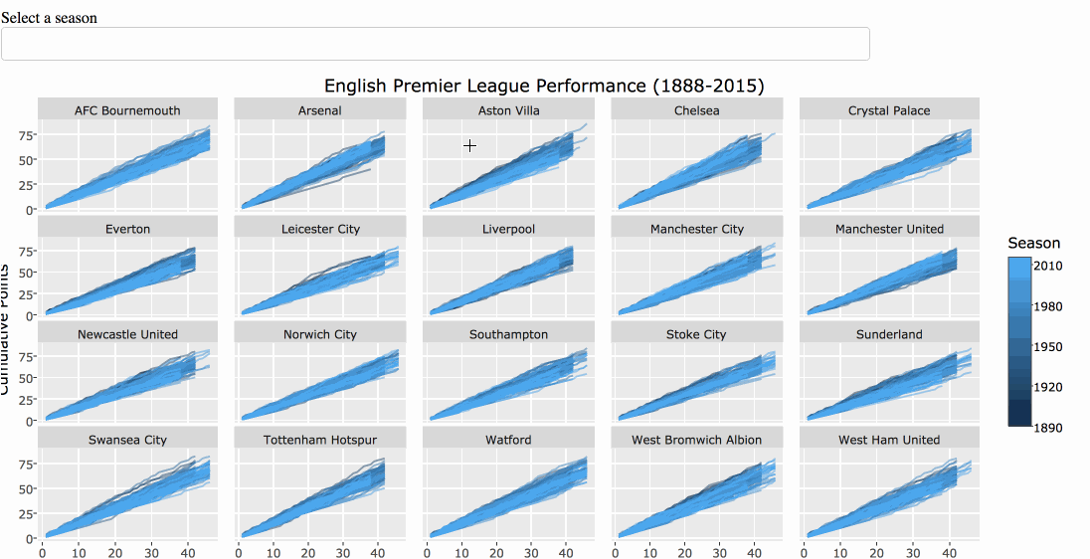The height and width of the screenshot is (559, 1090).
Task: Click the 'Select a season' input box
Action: [435, 44]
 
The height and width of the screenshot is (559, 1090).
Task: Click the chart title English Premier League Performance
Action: [544, 86]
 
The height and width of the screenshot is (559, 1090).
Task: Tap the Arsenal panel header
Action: [320, 110]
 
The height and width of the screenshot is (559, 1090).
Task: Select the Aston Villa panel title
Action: [509, 110]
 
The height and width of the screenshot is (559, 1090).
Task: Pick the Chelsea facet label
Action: [696, 110]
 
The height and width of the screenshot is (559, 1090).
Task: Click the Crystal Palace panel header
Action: [889, 110]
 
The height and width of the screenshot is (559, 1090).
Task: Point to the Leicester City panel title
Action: [320, 229]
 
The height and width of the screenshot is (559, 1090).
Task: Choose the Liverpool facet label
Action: [509, 229]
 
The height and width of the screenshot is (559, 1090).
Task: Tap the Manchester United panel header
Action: [889, 229]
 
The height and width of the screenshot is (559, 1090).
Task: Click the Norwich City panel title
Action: [320, 334]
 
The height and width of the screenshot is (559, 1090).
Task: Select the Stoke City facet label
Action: [696, 334]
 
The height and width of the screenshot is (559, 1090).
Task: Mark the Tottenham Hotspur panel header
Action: [320, 440]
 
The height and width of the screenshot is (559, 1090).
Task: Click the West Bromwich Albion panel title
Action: [696, 440]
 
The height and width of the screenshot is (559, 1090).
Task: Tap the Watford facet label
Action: [509, 440]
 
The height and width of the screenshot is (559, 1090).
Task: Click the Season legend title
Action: [1033, 244]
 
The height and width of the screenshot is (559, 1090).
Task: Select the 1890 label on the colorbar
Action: [1046, 428]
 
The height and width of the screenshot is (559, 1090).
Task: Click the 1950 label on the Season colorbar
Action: [1046, 347]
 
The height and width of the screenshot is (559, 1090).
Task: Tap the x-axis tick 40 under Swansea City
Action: [186, 550]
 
